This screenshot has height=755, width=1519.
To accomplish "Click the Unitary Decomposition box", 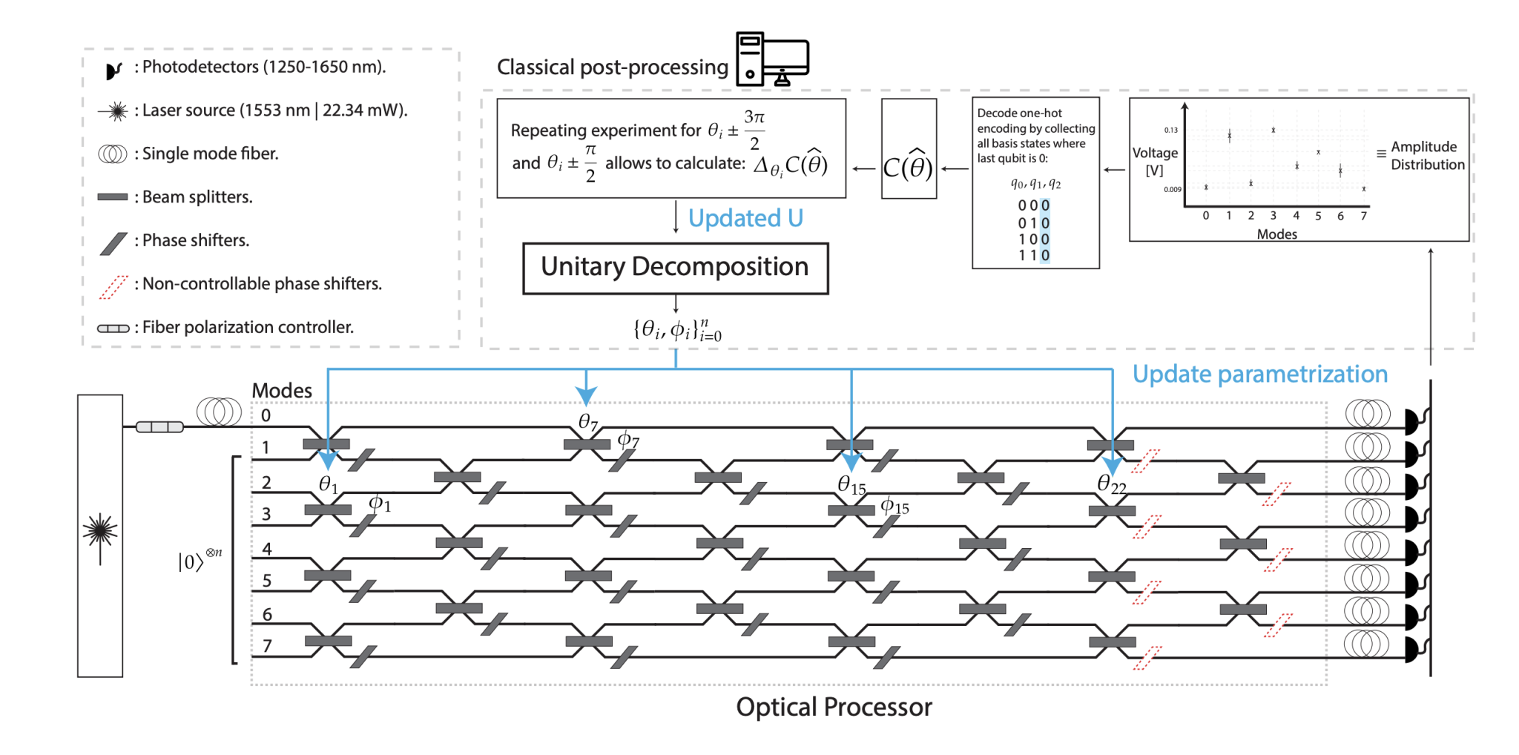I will [675, 268].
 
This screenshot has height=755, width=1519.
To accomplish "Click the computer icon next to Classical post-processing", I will [771, 59].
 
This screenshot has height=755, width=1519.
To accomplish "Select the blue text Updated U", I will [745, 218].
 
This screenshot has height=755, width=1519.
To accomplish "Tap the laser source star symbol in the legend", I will [116, 111].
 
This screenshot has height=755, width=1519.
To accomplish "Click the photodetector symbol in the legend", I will [113, 70].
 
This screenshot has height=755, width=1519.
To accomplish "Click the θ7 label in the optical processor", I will [587, 422].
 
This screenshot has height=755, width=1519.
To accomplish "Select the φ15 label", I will [894, 507].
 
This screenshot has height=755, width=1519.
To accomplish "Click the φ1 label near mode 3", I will [380, 504].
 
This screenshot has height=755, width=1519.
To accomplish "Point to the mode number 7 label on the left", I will [267, 645].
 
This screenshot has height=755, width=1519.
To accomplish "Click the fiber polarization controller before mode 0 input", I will [159, 426].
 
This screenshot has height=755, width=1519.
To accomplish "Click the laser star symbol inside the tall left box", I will [100, 530].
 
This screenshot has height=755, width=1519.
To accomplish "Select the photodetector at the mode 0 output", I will [1413, 421].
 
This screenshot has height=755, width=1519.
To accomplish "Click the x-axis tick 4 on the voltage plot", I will [1296, 216].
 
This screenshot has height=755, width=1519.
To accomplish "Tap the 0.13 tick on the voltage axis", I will [1170, 130].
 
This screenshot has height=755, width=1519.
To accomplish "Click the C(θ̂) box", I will [909, 149].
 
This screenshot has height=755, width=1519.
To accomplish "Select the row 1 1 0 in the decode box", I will [1033, 255].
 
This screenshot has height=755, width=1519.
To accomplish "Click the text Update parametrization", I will [1259, 374].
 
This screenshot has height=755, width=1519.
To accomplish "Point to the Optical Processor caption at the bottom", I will [834, 707].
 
